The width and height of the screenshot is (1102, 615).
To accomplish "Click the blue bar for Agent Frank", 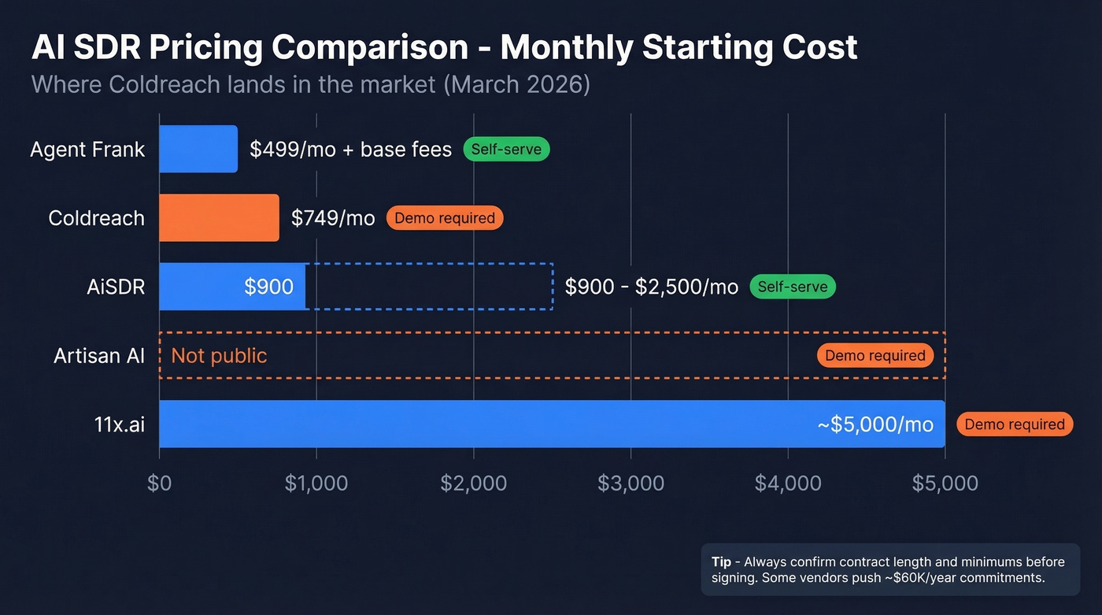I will tap(198, 149).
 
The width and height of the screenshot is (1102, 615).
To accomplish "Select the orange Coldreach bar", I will tap(219, 218).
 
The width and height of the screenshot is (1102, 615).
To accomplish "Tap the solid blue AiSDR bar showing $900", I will tap(232, 287).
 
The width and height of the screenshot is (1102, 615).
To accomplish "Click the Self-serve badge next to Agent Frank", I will tap(506, 149).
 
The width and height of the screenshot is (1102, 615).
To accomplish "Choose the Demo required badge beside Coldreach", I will tap(445, 218).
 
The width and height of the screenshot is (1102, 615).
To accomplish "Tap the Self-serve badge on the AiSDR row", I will tap(792, 287).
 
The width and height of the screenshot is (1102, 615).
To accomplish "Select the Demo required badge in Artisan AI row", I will tap(875, 356).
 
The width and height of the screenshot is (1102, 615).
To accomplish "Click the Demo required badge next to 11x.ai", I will tap(1015, 424).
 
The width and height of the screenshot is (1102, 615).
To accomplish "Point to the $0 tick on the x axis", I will tap(159, 483).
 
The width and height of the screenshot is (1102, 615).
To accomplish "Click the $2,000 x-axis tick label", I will tap(473, 483).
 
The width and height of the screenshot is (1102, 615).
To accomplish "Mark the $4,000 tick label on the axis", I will tap(788, 483).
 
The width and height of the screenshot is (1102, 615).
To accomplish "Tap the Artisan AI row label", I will tap(99, 356).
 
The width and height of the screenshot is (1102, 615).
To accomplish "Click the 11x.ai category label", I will tap(120, 425).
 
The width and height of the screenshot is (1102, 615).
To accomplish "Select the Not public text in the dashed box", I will tap(219, 356).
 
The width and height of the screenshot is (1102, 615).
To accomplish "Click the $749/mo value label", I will tap(333, 218).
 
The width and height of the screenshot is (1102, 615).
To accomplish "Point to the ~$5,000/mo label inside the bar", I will tap(875, 425).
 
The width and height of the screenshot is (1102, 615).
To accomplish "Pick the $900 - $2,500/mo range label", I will tap(652, 287).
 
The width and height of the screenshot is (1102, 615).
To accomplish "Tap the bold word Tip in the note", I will tap(721, 562).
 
